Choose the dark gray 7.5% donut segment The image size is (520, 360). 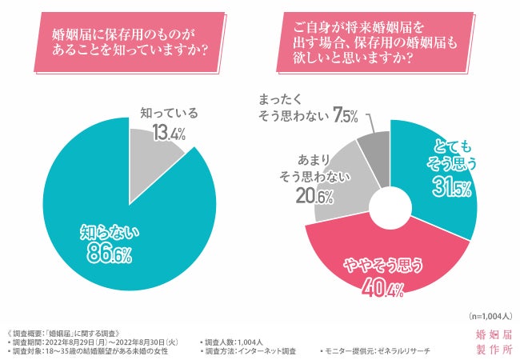coord(373,148)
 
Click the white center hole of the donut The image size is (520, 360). coord(390,206)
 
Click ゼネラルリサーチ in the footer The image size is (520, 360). coord(406,350)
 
